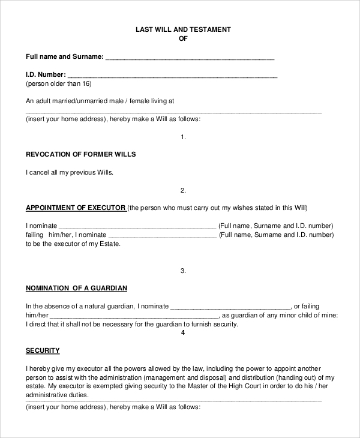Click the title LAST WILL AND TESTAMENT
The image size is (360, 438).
pos(184,29)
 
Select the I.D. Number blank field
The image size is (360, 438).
pos(172,76)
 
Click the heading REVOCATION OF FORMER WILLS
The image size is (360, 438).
pos(81,154)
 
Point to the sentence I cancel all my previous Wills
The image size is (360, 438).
pos(70,172)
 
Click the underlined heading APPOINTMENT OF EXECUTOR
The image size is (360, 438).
pos(76,208)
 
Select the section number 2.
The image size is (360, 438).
pos(184,190)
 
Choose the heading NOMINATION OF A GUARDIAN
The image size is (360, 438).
pos(76,288)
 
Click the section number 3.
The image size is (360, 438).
pos(184,271)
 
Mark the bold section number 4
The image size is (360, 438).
pos(184,333)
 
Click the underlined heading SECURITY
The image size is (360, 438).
pos(43,350)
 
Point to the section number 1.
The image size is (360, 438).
pos(184,137)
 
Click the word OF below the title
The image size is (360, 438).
pos(184,38)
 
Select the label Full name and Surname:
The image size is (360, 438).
pos(65,58)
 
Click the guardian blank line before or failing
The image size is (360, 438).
pos(231,306)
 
